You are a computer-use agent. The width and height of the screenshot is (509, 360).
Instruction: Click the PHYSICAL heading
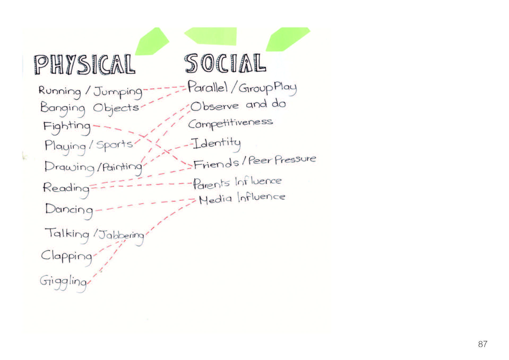(x=85, y=64)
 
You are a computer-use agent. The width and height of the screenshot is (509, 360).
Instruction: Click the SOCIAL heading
(x=225, y=63)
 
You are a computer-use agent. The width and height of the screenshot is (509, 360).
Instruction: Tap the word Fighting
(x=67, y=128)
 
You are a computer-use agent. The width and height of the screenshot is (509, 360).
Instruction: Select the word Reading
(x=66, y=190)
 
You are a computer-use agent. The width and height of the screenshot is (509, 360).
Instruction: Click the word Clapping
(x=67, y=257)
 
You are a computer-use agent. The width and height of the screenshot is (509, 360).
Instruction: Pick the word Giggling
(x=63, y=283)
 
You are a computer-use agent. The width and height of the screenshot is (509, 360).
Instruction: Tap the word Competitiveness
(x=230, y=123)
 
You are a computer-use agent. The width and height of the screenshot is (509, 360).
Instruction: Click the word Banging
(x=63, y=108)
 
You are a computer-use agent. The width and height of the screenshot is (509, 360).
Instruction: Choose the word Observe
(x=215, y=106)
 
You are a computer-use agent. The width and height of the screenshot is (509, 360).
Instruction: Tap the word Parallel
(x=208, y=87)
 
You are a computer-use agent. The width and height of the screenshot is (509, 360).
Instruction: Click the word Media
(x=215, y=199)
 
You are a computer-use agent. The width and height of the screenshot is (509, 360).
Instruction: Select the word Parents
(x=211, y=184)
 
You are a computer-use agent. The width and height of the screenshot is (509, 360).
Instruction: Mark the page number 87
(x=483, y=344)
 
